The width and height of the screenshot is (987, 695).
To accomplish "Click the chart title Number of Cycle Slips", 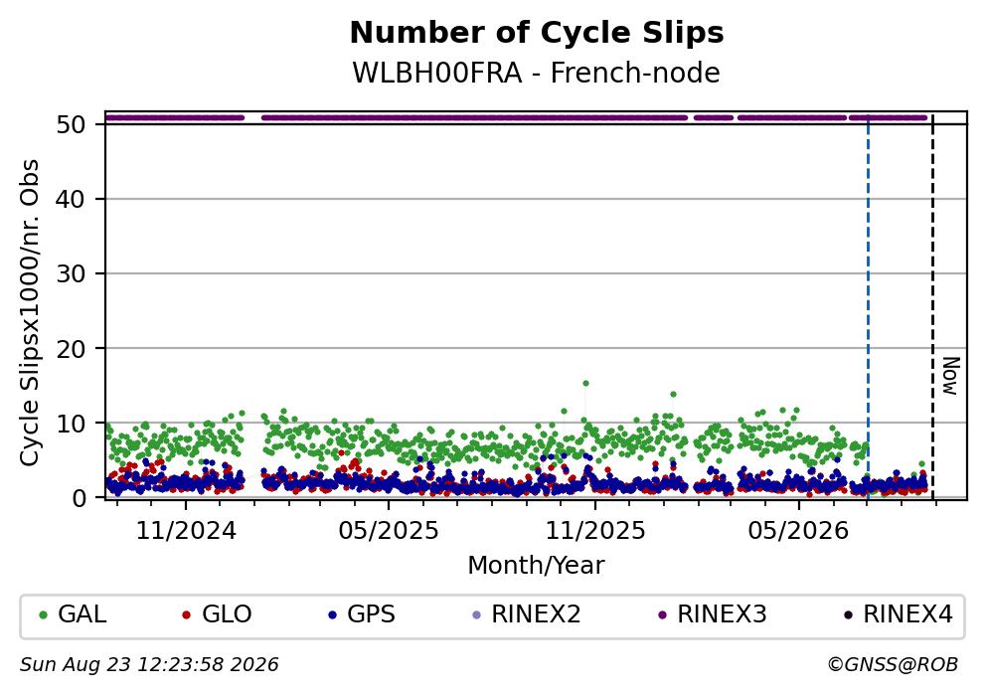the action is [537, 33].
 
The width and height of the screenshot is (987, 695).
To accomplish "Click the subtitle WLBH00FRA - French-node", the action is [536, 73].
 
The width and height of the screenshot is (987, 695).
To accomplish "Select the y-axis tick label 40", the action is [72, 199].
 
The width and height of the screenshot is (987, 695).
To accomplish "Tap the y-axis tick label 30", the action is [72, 273].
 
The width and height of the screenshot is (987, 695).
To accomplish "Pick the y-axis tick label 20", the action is [72, 348].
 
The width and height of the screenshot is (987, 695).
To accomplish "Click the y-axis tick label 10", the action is [72, 423].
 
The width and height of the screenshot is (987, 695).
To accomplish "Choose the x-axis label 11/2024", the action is [186, 531].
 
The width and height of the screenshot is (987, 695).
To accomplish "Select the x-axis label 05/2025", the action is [389, 531].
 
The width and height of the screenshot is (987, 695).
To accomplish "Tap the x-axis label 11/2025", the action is [594, 531].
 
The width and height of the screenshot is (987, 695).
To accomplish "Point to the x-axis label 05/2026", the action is [798, 531].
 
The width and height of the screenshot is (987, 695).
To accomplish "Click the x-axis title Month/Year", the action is [536, 566].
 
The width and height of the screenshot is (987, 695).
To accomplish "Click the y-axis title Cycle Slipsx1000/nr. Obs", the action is [29, 313].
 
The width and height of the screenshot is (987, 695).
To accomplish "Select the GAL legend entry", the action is [73, 614].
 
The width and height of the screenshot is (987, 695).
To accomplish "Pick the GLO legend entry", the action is [217, 614].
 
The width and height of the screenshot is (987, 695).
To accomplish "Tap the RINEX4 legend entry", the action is [899, 614].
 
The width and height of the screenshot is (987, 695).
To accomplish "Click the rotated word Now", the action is [950, 376].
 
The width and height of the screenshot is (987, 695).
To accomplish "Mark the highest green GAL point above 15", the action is [585, 383].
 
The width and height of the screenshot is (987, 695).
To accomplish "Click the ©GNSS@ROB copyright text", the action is [893, 665].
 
